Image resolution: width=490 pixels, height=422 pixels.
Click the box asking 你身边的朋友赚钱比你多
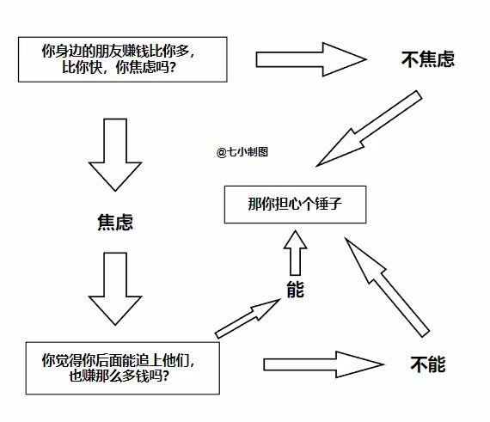coord(122,59)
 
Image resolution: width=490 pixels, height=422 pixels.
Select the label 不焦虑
coord(427,59)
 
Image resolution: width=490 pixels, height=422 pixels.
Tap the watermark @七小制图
coord(243,151)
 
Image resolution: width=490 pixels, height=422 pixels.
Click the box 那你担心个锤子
coord(295,205)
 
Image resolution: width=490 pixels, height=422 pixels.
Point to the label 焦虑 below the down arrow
coord(114,223)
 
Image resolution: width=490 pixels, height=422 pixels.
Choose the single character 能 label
coord(295,290)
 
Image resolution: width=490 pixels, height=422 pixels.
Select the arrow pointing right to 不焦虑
coord(310,59)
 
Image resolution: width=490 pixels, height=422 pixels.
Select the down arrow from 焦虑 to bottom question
coord(114,287)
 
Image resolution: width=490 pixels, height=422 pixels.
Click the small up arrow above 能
coord(295,253)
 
